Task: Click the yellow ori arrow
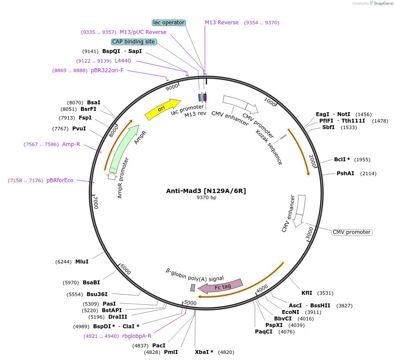[162, 109]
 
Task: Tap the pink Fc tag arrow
[221, 286]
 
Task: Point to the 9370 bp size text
[206, 197]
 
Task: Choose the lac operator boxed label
[169, 22]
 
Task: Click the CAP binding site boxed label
[134, 42]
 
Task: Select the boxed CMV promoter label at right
[351, 232]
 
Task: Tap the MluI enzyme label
[82, 261]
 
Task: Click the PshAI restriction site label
[345, 173]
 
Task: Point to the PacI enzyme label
[159, 345]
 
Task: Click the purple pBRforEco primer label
[60, 180]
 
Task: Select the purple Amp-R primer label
[71, 144]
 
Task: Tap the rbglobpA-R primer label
[137, 336]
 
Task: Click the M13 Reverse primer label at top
[222, 23]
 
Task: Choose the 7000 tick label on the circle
[96, 202]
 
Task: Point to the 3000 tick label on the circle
[309, 233]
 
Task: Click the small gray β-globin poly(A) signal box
[193, 287]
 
